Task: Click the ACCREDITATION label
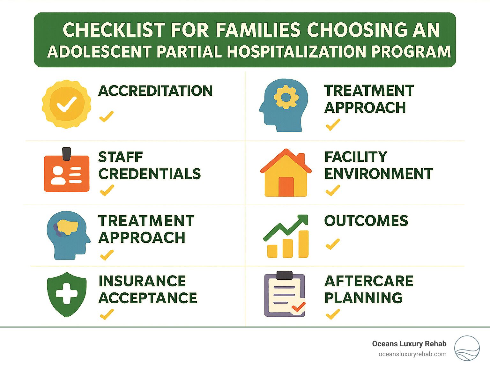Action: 155,91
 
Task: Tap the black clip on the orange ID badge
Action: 67,154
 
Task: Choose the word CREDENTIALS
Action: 150,174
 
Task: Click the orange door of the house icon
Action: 286,187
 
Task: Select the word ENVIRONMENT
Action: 378,173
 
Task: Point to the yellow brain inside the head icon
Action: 67,227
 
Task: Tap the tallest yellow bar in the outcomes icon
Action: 304,244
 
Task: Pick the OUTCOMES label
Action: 366,221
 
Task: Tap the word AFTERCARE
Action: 369,281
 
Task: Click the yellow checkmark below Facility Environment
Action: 333,190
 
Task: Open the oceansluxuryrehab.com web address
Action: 412,354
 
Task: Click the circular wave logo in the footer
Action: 467,348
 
